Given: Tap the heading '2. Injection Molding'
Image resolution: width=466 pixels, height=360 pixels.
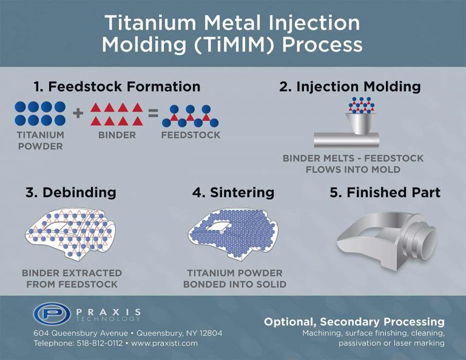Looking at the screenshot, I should point(349,86).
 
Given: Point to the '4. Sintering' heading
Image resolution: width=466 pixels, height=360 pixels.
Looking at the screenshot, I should point(233,193).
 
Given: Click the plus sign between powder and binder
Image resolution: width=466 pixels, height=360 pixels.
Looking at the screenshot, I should point(78,114).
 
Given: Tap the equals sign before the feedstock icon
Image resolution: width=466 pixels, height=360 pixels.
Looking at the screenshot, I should point(153,114).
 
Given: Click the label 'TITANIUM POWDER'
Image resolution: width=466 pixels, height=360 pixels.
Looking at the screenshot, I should point(39,141).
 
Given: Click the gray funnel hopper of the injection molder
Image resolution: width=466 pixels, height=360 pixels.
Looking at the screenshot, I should point(360,123).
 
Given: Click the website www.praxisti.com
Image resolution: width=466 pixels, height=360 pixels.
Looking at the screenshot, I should point(163,343).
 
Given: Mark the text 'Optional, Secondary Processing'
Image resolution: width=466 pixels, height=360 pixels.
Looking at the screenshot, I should point(354,322).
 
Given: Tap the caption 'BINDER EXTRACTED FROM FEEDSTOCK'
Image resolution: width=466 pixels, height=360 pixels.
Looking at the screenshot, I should point(72,279).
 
